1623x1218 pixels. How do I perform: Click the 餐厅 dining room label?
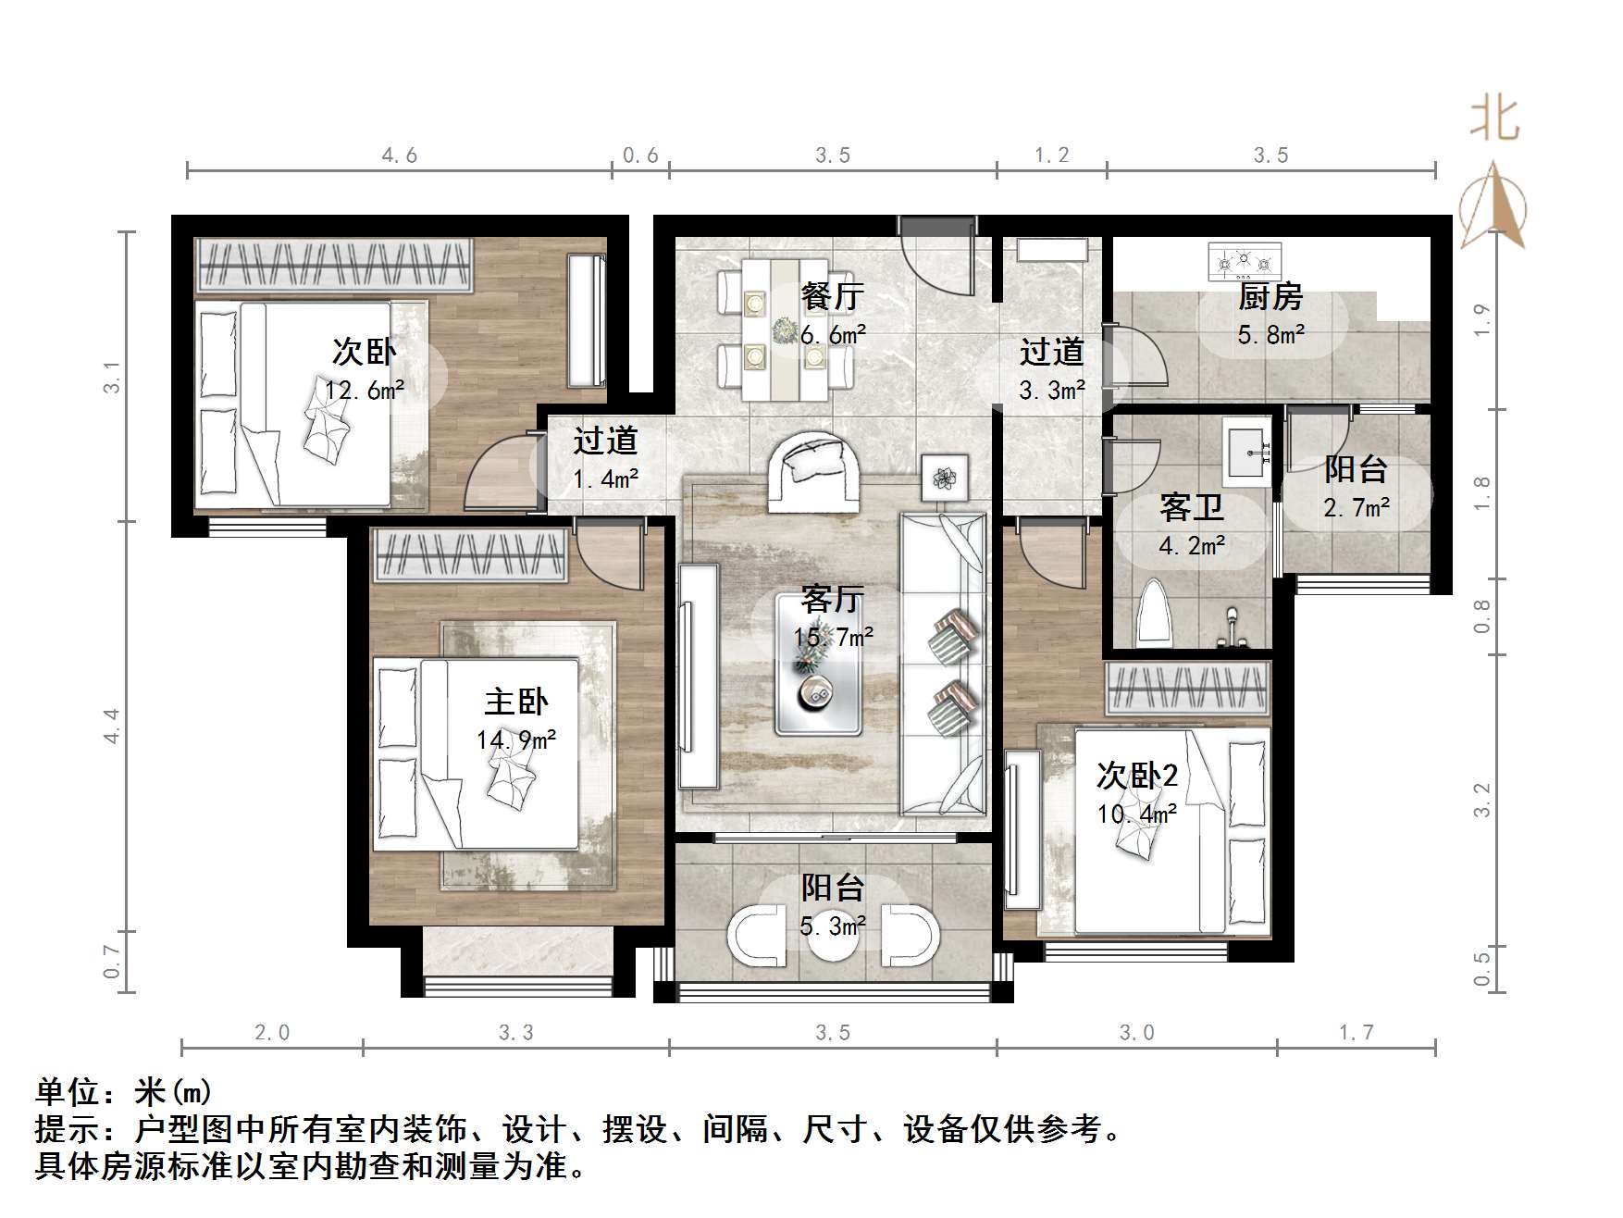pyautogui.click(x=832, y=296)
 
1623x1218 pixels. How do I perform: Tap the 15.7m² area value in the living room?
pyautogui.click(x=833, y=638)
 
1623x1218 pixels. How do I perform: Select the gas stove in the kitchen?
pyautogui.click(x=1245, y=262)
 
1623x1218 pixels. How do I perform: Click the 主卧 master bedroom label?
pyautogui.click(x=516, y=702)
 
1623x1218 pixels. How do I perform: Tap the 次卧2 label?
pyautogui.click(x=1136, y=776)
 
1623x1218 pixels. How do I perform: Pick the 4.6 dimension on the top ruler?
pyautogui.click(x=400, y=155)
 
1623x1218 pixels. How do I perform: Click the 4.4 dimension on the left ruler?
pyautogui.click(x=112, y=725)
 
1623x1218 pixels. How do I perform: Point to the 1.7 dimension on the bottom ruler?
pyautogui.click(x=1357, y=1032)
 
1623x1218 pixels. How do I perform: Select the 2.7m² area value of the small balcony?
pyautogui.click(x=1357, y=508)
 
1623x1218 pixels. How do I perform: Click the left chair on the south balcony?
pyautogui.click(x=759, y=936)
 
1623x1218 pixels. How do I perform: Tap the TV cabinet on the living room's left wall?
pyautogui.click(x=699, y=677)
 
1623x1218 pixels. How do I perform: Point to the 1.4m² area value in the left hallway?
pyautogui.click(x=605, y=479)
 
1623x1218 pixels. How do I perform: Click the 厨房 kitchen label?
pyautogui.click(x=1270, y=297)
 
